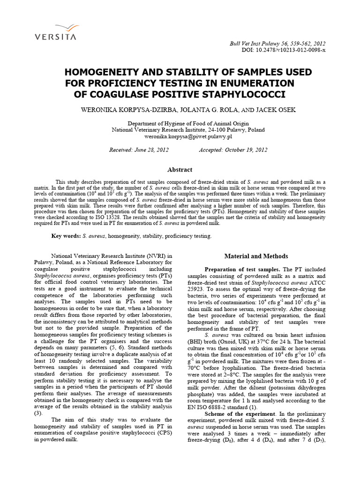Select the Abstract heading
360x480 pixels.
tap(180, 170)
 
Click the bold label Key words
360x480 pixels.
tap(66, 236)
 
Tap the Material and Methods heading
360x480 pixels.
tap(255, 256)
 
